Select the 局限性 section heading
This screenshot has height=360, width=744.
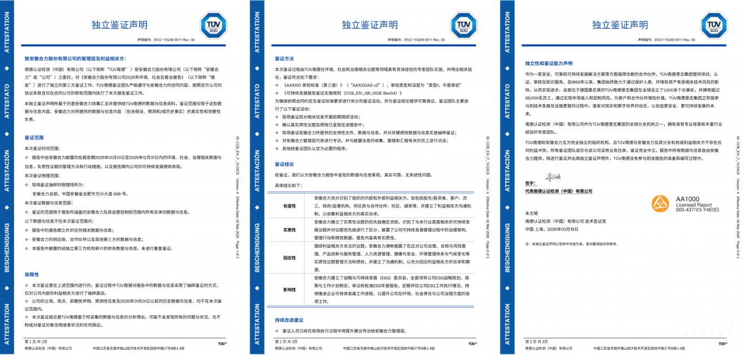point(31,274)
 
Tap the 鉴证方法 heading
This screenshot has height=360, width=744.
point(284,58)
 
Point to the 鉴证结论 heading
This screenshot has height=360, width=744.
point(284,164)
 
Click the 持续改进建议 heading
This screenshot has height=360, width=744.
point(289,320)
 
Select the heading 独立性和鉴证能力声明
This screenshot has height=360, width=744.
point(549,63)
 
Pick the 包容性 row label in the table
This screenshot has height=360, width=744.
point(289,206)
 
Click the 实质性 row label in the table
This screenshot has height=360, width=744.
point(289,230)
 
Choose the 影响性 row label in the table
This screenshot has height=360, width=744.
point(289,289)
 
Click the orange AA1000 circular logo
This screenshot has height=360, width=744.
point(660,203)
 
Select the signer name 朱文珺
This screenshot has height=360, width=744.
point(532,214)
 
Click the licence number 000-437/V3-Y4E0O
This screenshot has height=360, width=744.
point(697,210)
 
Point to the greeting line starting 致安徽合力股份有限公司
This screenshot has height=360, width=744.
point(75,58)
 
